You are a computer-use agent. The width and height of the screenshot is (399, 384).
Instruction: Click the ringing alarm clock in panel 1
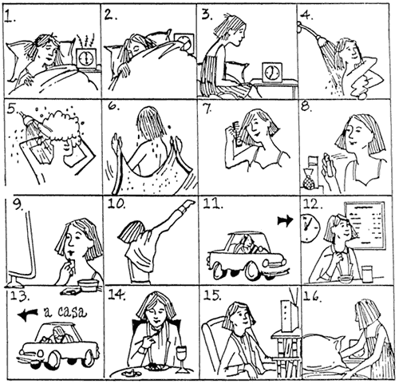(x=85, y=59)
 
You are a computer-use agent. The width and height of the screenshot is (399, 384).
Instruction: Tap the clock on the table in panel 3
(x=272, y=72)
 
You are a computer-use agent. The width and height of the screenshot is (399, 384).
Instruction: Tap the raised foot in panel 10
(x=189, y=204)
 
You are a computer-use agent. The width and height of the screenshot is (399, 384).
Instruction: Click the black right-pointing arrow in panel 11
(x=285, y=220)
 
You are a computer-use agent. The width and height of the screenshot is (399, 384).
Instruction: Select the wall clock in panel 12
(x=310, y=228)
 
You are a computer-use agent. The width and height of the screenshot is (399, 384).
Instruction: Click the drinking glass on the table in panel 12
(x=368, y=274)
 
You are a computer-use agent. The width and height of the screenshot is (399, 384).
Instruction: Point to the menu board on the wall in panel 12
(x=365, y=225)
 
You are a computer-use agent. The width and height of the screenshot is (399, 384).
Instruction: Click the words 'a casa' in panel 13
(x=65, y=312)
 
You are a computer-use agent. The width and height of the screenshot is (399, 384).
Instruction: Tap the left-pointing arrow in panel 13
(x=28, y=315)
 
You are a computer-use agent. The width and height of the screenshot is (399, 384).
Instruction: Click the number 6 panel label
(x=114, y=106)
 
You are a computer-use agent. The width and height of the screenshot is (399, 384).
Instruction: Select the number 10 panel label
(x=117, y=204)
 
